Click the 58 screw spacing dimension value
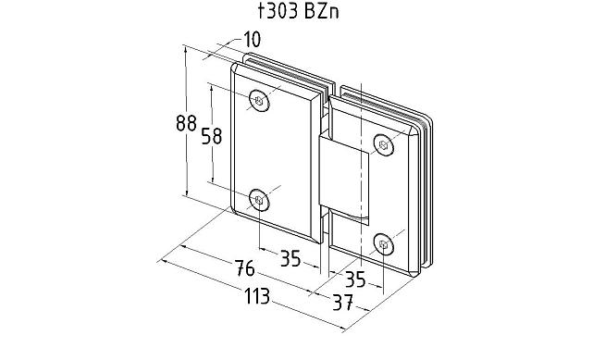(x=211, y=136)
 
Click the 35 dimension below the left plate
(x=290, y=258)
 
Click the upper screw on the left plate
(x=259, y=101)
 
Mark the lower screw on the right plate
(x=385, y=243)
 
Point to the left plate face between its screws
(x=273, y=148)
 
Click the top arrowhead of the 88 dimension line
(x=187, y=54)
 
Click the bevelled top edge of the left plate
(x=278, y=74)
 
